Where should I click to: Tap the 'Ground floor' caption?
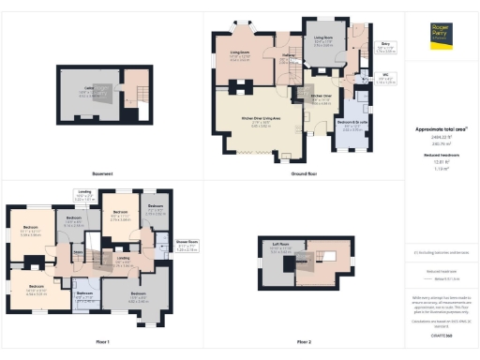coord(302,173)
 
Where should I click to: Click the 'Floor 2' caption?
coord(302,341)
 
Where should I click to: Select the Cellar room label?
coord(91,92)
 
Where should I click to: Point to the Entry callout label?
coord(385,43)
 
